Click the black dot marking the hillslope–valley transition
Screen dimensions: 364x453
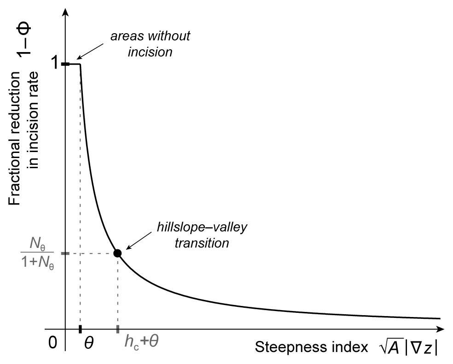(x=117, y=253)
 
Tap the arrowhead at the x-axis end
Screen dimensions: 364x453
(x=441, y=329)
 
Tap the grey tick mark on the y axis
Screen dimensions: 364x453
(x=65, y=253)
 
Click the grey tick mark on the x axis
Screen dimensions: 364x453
(x=118, y=329)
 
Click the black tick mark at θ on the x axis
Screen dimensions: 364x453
(x=81, y=329)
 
